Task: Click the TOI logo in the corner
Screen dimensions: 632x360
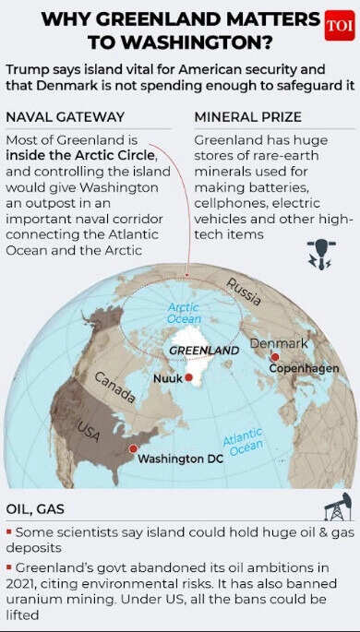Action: pos(339,26)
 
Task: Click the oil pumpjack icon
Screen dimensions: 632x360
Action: pos(337,507)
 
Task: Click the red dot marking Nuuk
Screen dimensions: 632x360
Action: pos(188,377)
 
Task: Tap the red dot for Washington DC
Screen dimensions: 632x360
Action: pos(133,448)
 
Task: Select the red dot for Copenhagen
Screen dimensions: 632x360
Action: pos(274,356)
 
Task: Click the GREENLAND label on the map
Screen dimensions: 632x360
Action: pos(204,351)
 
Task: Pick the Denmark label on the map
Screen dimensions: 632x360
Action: pos(279,343)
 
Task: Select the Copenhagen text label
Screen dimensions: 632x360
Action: pos(304,368)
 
